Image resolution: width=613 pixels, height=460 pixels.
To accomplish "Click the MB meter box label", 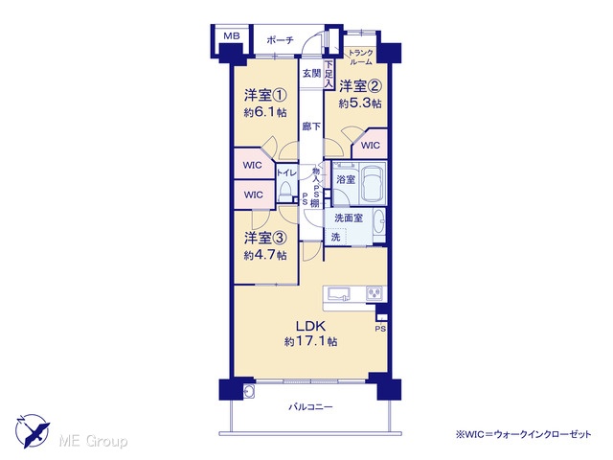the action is [x=232, y=36].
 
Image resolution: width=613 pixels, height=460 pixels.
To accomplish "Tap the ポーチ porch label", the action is [x=280, y=40].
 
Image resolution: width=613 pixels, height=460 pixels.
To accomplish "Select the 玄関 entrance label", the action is [x=311, y=73].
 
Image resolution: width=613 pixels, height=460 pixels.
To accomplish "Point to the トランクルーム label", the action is [x=360, y=57].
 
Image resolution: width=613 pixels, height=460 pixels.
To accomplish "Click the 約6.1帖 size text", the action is [x=265, y=113].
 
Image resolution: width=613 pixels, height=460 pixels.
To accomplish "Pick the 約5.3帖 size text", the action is [x=360, y=103].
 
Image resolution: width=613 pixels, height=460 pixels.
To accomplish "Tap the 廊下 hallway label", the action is [x=311, y=126].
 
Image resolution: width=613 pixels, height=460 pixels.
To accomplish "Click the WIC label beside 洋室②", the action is [x=371, y=146].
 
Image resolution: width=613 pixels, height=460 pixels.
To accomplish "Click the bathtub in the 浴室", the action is [x=373, y=184].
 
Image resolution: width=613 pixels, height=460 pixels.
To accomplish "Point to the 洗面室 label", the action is [x=349, y=218].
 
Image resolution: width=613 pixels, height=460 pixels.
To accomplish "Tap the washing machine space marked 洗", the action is [x=336, y=237].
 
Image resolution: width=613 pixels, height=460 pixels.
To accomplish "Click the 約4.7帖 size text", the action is [x=265, y=256].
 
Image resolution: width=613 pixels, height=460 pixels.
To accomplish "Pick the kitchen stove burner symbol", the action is [x=375, y=294].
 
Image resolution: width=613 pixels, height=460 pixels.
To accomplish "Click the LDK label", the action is [x=310, y=326].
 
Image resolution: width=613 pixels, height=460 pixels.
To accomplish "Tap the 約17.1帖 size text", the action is [x=310, y=341].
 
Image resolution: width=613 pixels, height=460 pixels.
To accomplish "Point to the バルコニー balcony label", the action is [x=310, y=407].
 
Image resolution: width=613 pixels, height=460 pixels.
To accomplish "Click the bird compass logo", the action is [x=32, y=430].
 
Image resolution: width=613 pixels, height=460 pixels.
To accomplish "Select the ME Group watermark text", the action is [x=94, y=441].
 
